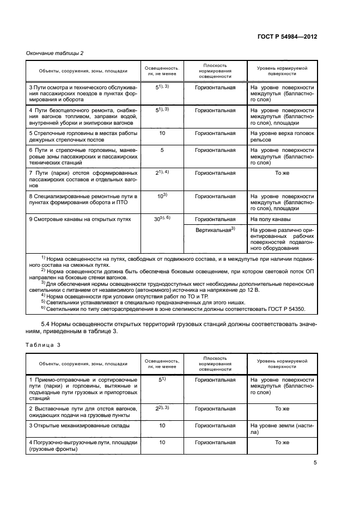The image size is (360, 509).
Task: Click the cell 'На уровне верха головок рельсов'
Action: (282, 136)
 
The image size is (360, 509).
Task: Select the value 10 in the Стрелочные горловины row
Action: (162, 133)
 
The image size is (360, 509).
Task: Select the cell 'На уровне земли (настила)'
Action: (282, 429)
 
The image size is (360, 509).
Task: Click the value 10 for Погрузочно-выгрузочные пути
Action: (162, 443)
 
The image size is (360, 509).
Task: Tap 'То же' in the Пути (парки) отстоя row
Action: (282, 173)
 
